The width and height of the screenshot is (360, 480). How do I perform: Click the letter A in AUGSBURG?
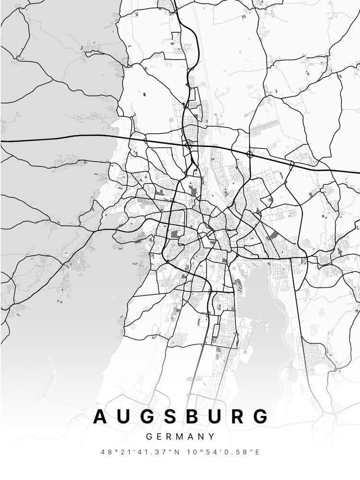101,416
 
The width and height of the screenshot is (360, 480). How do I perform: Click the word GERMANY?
180,437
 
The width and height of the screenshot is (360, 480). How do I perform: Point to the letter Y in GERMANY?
212,437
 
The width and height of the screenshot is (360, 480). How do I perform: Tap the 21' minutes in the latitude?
123,452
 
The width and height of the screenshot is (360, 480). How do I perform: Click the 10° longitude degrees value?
191,452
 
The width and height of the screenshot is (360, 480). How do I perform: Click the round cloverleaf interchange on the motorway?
250,154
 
